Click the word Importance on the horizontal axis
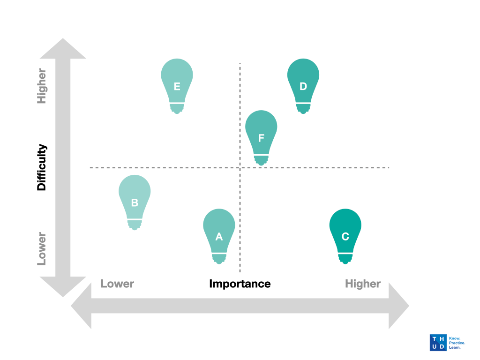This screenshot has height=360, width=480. (240, 284)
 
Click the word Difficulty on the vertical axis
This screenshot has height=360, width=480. (42, 167)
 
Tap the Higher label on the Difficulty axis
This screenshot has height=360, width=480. (42, 86)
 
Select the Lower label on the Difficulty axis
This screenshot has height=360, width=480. (42, 248)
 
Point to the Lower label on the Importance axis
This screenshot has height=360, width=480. (117, 284)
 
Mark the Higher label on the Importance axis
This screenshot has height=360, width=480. (363, 284)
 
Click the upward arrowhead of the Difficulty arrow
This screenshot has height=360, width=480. (63, 50)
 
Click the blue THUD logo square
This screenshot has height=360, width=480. (438, 343)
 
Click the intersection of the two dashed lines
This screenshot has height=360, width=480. (240, 167)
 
